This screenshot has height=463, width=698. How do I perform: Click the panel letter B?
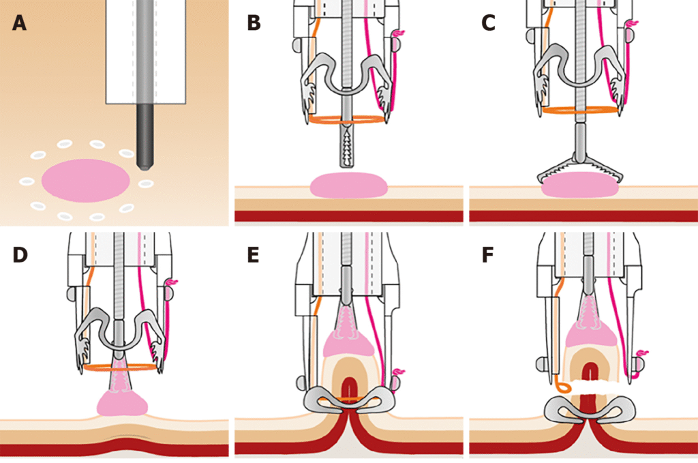(x=254, y=23)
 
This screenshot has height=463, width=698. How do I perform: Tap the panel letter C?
(x=488, y=23)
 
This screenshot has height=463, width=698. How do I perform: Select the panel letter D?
(x=20, y=254)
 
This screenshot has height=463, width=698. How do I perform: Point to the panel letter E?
(x=254, y=254)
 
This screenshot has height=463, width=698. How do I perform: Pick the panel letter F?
(x=488, y=254)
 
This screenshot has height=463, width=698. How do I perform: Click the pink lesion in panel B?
(x=349, y=185)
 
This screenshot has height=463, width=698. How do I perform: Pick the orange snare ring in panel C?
(x=580, y=109)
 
